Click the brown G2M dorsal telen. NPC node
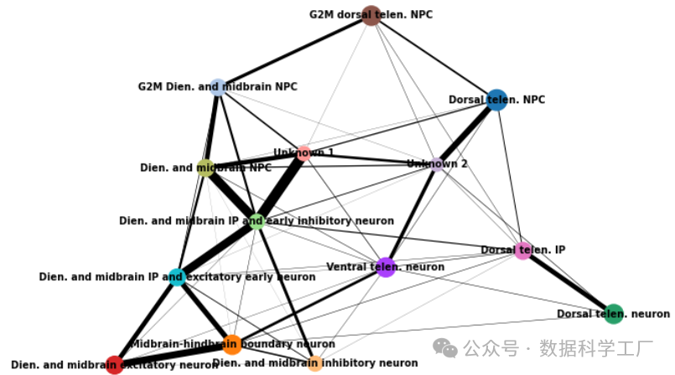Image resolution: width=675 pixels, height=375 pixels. [x=371, y=15]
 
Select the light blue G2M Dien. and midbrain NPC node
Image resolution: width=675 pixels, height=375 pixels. [x=218, y=87]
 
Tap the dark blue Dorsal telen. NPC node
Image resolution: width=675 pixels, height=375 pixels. [x=496, y=100]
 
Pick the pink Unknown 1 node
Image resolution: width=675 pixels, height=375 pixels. [x=304, y=153]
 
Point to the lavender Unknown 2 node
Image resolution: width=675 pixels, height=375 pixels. [x=437, y=164]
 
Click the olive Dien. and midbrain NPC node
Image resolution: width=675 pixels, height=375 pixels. [x=206, y=168]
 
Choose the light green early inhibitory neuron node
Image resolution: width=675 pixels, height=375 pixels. [x=257, y=221]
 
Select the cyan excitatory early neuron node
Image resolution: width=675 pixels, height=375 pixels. [x=177, y=277]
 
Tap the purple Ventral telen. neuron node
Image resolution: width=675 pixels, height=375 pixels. [x=385, y=268]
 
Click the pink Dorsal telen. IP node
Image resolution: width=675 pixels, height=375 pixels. [x=523, y=250]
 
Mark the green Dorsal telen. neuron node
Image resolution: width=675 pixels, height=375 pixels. [x=614, y=314]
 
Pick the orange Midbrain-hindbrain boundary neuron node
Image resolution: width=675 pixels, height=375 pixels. [x=232, y=344]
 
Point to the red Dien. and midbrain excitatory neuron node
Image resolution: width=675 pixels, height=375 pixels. [x=114, y=364]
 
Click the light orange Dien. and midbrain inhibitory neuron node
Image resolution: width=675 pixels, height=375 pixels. [x=314, y=363]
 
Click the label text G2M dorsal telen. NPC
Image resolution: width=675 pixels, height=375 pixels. [x=371, y=15]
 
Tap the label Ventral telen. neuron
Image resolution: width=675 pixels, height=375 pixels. [x=385, y=268]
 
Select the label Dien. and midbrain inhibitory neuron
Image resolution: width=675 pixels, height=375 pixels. [x=314, y=363]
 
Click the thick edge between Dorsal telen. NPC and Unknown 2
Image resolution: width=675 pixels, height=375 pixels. [x=466, y=132]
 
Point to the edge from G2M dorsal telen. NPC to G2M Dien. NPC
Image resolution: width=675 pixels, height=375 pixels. [x=295, y=51]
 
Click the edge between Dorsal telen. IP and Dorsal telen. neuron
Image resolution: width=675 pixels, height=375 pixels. [x=569, y=282]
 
